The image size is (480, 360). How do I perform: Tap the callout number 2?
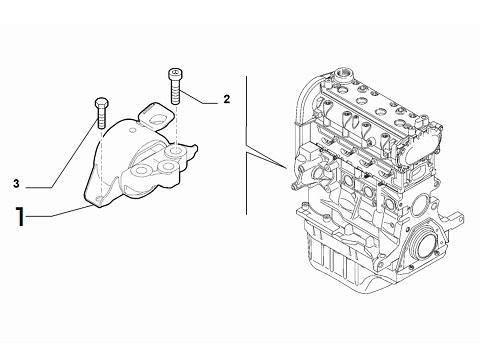(226, 99)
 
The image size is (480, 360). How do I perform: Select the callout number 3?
(17, 183)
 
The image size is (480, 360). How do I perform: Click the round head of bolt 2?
(175, 72)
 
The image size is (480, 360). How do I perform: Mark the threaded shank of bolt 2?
(175, 92)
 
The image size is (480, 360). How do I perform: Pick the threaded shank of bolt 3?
(100, 119)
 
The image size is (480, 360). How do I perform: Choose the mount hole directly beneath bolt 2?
(175, 152)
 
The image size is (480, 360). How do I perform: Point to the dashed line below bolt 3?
(100, 140)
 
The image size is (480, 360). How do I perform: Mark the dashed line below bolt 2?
(175, 125)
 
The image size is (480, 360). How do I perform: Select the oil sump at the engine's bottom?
(350, 265)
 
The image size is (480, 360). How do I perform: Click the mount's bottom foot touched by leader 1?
(100, 204)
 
